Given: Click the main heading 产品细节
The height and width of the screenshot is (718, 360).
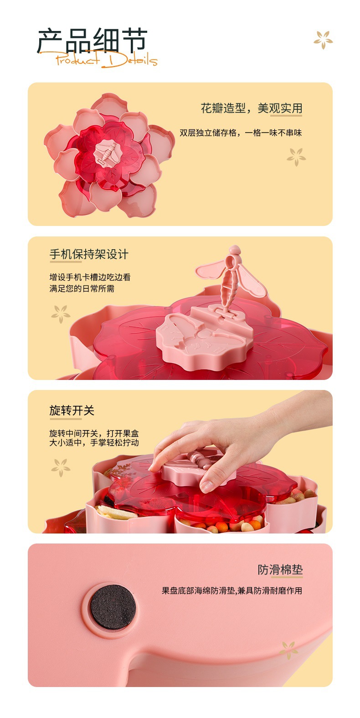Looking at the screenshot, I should [x=92, y=41].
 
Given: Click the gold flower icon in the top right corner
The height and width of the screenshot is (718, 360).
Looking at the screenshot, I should [x=323, y=40].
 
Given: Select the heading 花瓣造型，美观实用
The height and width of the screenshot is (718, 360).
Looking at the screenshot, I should [x=252, y=108].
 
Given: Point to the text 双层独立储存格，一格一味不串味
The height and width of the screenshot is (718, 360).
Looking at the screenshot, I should [x=241, y=133].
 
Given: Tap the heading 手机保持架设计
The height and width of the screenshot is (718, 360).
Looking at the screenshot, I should [x=89, y=254].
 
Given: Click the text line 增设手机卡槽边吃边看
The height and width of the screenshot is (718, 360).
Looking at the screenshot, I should [x=90, y=277].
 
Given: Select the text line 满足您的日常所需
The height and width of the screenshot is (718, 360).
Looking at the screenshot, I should [x=82, y=288].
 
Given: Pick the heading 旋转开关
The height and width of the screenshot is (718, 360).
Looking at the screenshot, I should [x=72, y=410].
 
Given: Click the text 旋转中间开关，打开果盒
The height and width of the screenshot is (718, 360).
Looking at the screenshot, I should [x=94, y=433].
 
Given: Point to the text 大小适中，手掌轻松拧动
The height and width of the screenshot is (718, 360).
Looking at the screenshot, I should [x=94, y=443].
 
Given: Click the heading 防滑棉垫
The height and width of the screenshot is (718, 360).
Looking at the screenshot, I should [x=280, y=570].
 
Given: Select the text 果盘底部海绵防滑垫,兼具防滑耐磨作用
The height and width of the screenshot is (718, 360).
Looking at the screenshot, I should [x=232, y=591].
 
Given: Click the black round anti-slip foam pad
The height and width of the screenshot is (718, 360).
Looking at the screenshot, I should [x=113, y=607].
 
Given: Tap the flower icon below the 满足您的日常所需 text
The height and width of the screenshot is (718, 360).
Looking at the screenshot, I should [x=61, y=314].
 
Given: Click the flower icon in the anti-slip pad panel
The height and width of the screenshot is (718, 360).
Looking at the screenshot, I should [x=289, y=649].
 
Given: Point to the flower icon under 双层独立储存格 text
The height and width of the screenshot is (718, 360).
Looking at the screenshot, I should [x=296, y=157].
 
